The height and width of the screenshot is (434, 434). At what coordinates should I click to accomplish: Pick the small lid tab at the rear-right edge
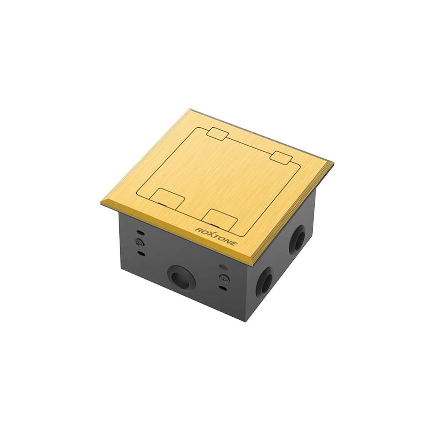[281, 157]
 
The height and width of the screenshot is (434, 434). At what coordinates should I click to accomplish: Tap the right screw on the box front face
[224, 278]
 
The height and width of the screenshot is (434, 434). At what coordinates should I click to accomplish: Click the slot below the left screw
[141, 253]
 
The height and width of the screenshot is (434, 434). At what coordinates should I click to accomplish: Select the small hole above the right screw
[223, 267]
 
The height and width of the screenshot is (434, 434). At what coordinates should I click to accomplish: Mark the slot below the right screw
[224, 288]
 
